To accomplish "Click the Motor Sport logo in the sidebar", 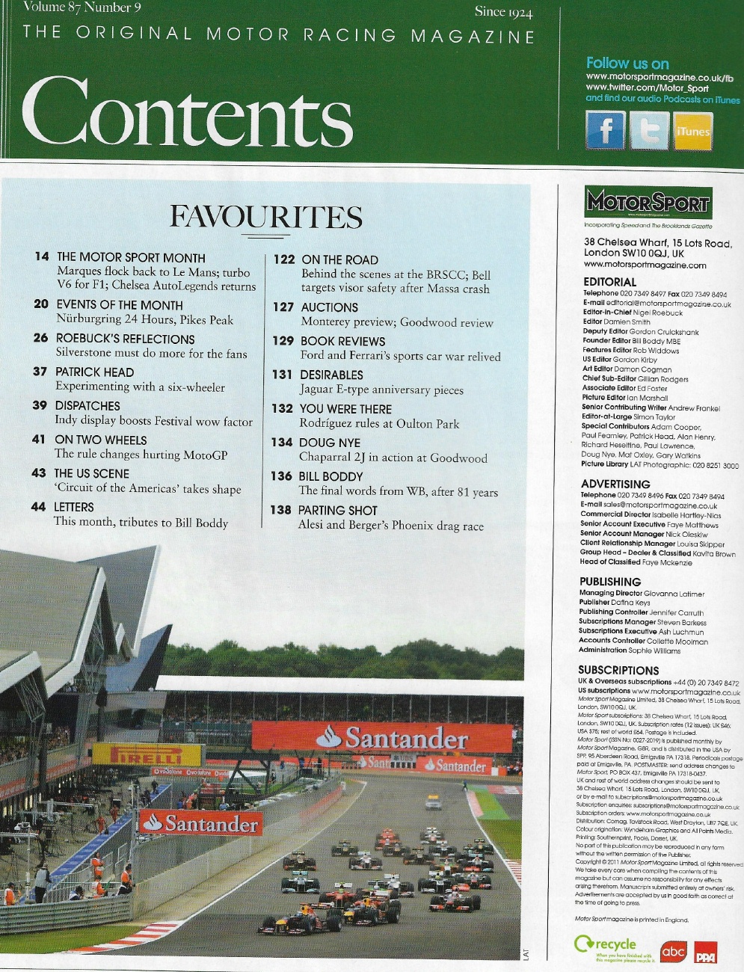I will (x=648, y=203).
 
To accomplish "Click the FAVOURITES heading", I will (x=266, y=217).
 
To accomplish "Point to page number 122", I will (x=284, y=259).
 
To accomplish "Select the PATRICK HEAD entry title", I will (x=94, y=372).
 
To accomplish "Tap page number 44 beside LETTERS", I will (x=38, y=507).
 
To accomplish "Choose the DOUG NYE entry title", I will (x=330, y=443).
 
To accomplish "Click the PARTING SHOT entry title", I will (x=338, y=511).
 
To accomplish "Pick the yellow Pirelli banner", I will (x=147, y=754).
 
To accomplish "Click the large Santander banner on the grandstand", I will (x=382, y=739).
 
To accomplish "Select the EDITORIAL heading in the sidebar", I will (x=609, y=282).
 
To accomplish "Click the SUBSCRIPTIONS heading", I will (x=618, y=670).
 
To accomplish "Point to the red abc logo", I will (x=673, y=951).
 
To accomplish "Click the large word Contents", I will (x=187, y=112).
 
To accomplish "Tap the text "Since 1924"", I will (x=503, y=11).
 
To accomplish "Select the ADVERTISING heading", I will (x=615, y=484).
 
